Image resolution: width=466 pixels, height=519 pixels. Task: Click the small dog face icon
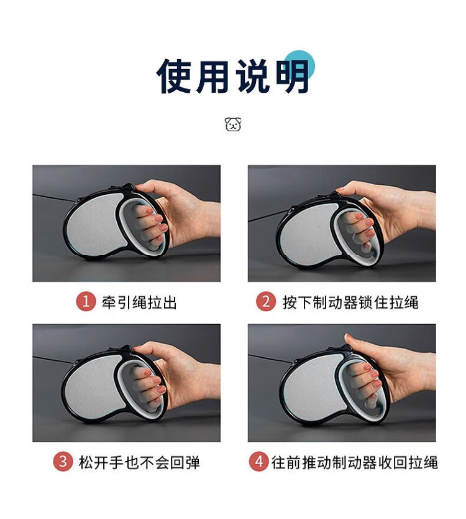click(x=233, y=124)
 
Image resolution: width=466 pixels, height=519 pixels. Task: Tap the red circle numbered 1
click(x=86, y=302)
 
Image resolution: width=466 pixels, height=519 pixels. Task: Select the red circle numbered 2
click(x=266, y=302)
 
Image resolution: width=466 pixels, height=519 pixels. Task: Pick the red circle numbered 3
click(x=63, y=461)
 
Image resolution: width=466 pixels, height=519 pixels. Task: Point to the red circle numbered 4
click(x=258, y=461)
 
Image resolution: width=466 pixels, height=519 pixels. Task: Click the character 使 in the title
click(x=174, y=76)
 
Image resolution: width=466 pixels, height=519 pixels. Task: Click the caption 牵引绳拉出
click(x=139, y=302)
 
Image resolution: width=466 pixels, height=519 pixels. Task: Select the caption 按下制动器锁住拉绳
click(x=350, y=302)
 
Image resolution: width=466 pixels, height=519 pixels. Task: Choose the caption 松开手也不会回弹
click(x=139, y=462)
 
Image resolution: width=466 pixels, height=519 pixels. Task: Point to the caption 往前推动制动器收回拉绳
click(x=355, y=462)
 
